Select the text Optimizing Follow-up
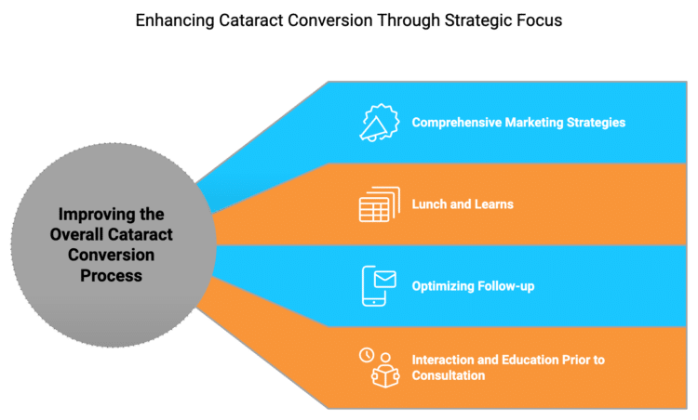(x=473, y=285)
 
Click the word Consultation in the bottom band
(x=449, y=375)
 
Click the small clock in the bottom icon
(x=366, y=355)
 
